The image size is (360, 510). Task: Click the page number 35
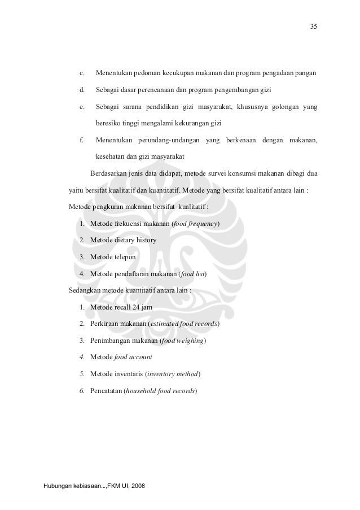click(x=314, y=26)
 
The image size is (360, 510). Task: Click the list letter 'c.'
click(x=82, y=73)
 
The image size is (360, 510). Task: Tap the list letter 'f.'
click(x=82, y=140)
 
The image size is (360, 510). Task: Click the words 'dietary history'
click(x=135, y=241)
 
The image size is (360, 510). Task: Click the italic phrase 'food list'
click(x=193, y=274)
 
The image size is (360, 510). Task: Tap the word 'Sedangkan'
click(x=85, y=291)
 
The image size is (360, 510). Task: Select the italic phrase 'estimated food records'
click(x=184, y=324)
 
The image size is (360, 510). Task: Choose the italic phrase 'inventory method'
click(x=174, y=374)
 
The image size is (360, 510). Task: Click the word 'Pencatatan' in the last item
click(x=106, y=391)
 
